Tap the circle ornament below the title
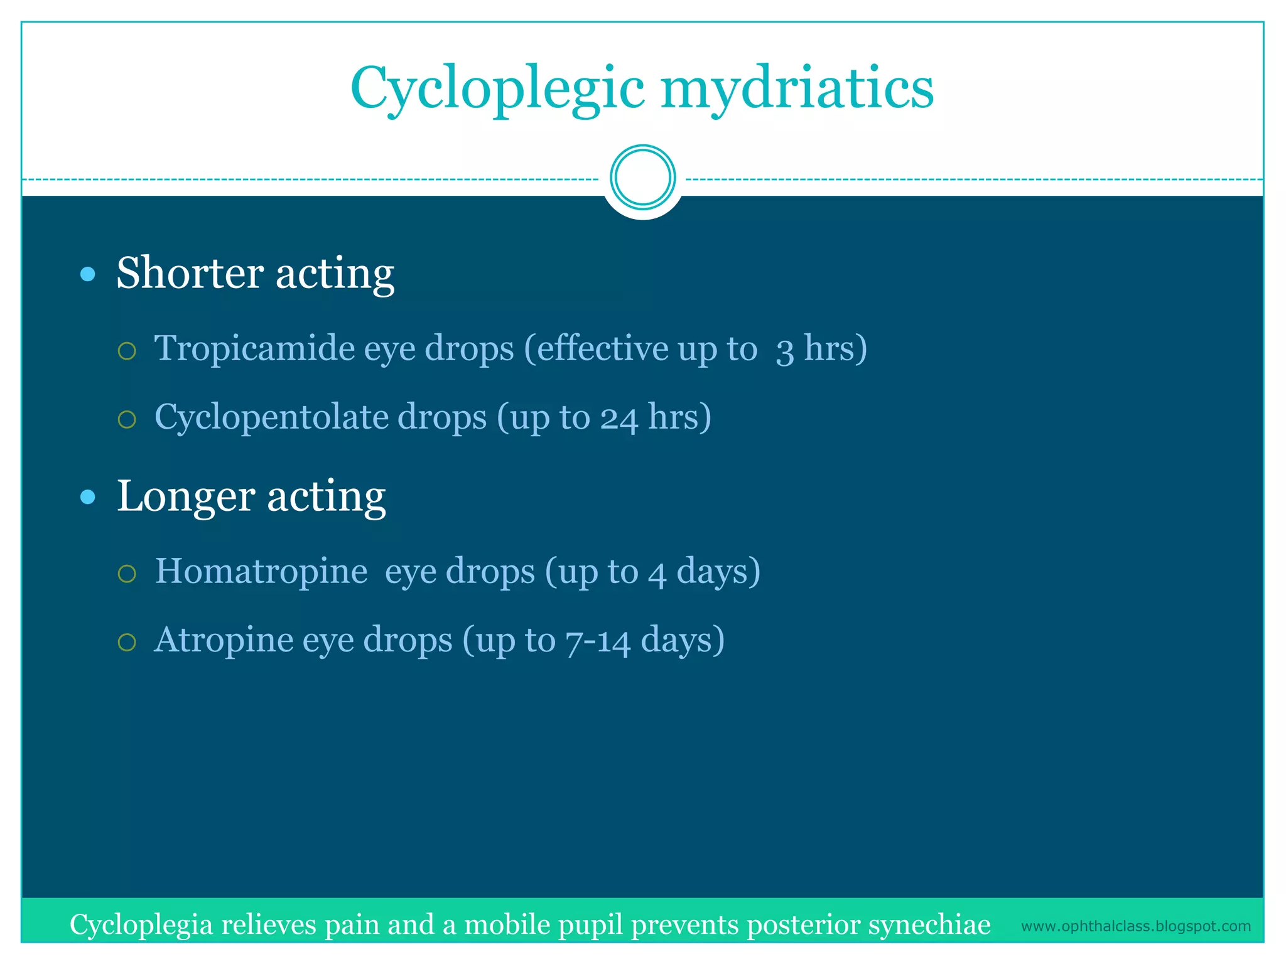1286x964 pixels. click(642, 178)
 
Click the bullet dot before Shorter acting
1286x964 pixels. click(89, 274)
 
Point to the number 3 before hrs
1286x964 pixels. click(784, 350)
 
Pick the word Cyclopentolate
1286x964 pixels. click(320, 417)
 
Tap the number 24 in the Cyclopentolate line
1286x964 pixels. click(619, 418)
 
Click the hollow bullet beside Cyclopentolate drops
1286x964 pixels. click(127, 419)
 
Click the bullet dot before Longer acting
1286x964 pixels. click(89, 498)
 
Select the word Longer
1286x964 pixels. click(185, 496)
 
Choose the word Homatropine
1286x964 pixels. click(261, 571)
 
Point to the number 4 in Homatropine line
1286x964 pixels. click(657, 573)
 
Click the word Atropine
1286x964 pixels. click(223, 640)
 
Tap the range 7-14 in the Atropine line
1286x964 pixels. click(597, 641)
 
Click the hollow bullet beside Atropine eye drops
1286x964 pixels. click(127, 642)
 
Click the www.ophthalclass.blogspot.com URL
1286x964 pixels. click(1135, 926)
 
